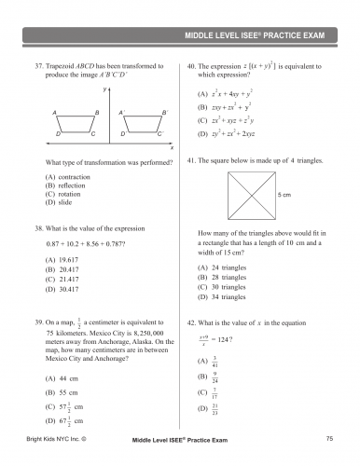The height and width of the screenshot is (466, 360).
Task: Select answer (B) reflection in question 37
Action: tap(62, 186)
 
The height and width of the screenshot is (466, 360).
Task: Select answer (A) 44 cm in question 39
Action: tap(62, 378)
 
